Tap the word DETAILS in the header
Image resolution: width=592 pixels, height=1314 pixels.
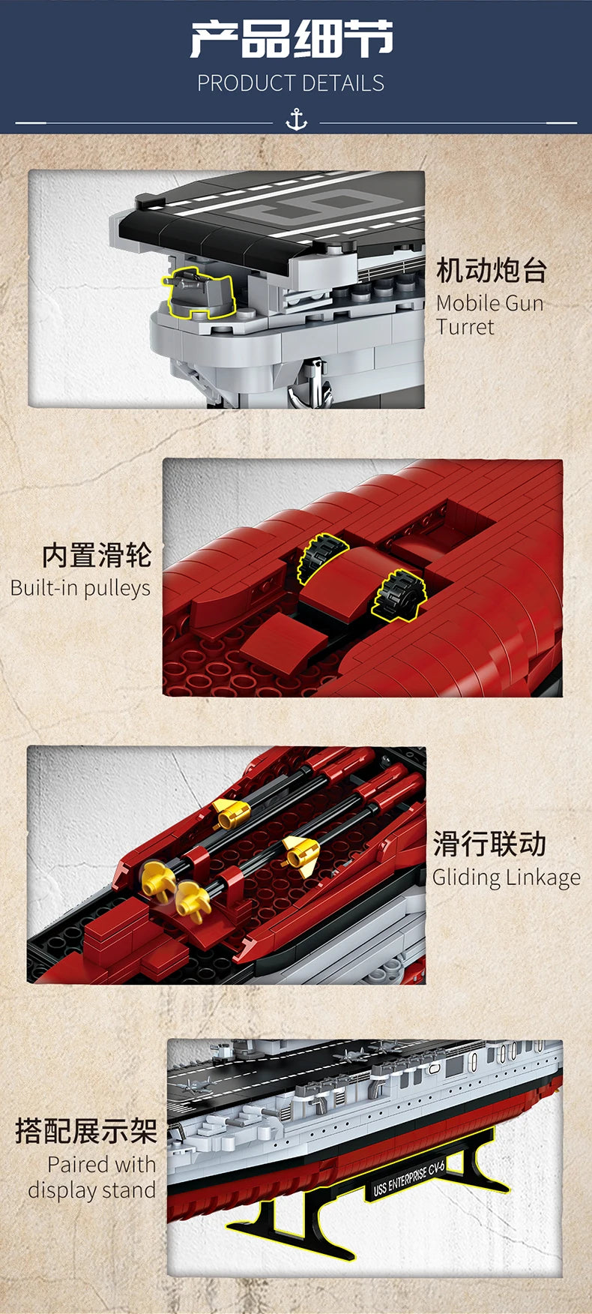[343, 83]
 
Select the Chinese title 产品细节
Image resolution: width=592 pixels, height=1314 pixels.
[292, 40]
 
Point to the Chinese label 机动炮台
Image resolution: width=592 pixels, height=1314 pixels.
[492, 270]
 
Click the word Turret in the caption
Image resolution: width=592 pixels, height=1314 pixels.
[465, 327]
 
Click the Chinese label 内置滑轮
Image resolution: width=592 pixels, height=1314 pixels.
[97, 556]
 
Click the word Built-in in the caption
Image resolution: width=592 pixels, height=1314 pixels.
[43, 588]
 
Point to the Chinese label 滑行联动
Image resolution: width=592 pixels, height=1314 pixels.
[489, 844]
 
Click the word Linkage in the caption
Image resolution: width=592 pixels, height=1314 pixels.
[543, 877]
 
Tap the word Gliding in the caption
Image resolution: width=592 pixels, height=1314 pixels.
[465, 877]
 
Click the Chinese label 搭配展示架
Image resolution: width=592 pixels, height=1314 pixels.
[86, 1131]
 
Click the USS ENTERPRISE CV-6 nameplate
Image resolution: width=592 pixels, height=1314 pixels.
[409, 1179]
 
